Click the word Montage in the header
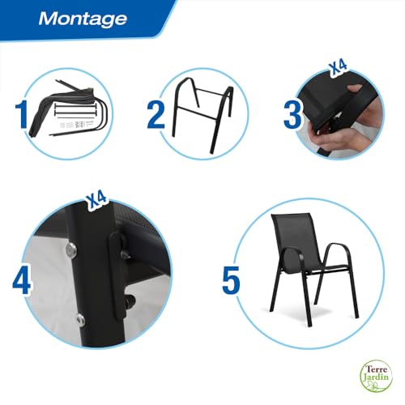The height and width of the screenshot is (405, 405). click(83, 18)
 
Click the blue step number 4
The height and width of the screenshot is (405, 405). click(22, 281)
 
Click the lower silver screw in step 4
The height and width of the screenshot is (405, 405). click(78, 317)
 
